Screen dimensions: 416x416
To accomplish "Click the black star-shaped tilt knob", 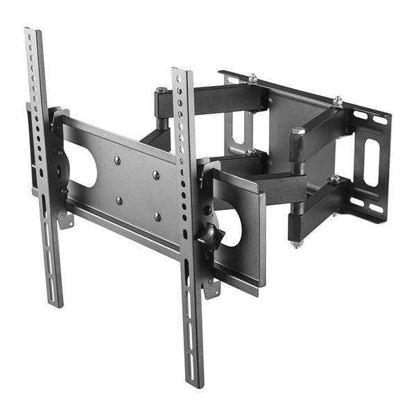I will pos(209,234).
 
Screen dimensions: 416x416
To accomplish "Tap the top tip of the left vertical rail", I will pos(31,31).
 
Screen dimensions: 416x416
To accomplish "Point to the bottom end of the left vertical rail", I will pos(56,303).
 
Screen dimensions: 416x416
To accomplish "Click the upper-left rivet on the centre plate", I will pos(116,159).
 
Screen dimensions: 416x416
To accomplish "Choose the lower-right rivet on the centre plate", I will pos(157,216).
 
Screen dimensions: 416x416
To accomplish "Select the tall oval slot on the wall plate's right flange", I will pos(372,162).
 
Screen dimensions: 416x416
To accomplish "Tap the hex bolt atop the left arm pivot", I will pos(162,91).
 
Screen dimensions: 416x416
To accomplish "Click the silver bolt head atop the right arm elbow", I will pos(299,130).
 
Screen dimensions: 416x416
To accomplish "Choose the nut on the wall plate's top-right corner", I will pos(338,101).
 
